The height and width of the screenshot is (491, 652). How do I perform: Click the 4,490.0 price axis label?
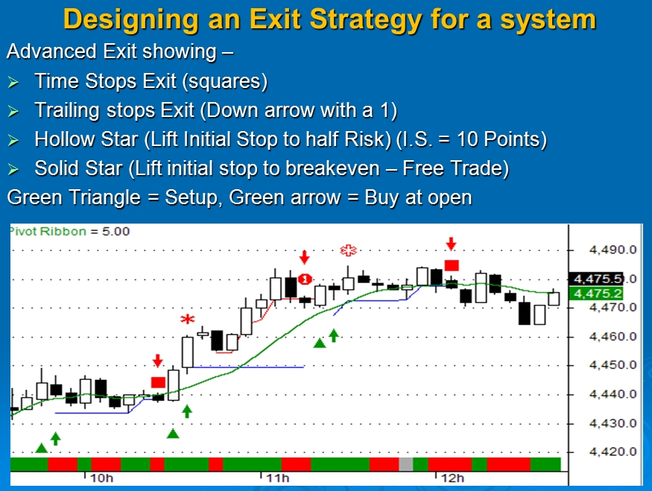click(613, 250)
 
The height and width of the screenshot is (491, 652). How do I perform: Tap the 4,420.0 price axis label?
click(613, 452)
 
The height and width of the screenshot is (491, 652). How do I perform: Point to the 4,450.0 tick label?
click(613, 365)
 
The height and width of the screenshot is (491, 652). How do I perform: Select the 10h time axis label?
click(101, 478)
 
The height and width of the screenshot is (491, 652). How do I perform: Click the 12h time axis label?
click(452, 478)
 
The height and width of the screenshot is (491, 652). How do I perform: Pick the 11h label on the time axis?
click(277, 478)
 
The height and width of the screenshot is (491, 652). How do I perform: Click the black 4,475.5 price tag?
click(596, 279)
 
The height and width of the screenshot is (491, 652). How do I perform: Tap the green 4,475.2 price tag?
click(596, 294)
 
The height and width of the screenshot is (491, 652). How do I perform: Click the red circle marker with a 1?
click(305, 279)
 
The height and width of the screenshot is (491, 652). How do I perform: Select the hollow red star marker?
click(349, 250)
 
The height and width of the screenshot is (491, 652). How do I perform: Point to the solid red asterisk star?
click(188, 320)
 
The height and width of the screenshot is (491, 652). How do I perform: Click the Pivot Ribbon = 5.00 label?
click(69, 232)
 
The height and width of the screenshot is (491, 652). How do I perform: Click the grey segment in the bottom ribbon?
click(406, 464)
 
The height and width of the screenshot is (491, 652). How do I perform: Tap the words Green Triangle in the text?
click(74, 197)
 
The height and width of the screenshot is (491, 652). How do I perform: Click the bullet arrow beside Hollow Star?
click(13, 141)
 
